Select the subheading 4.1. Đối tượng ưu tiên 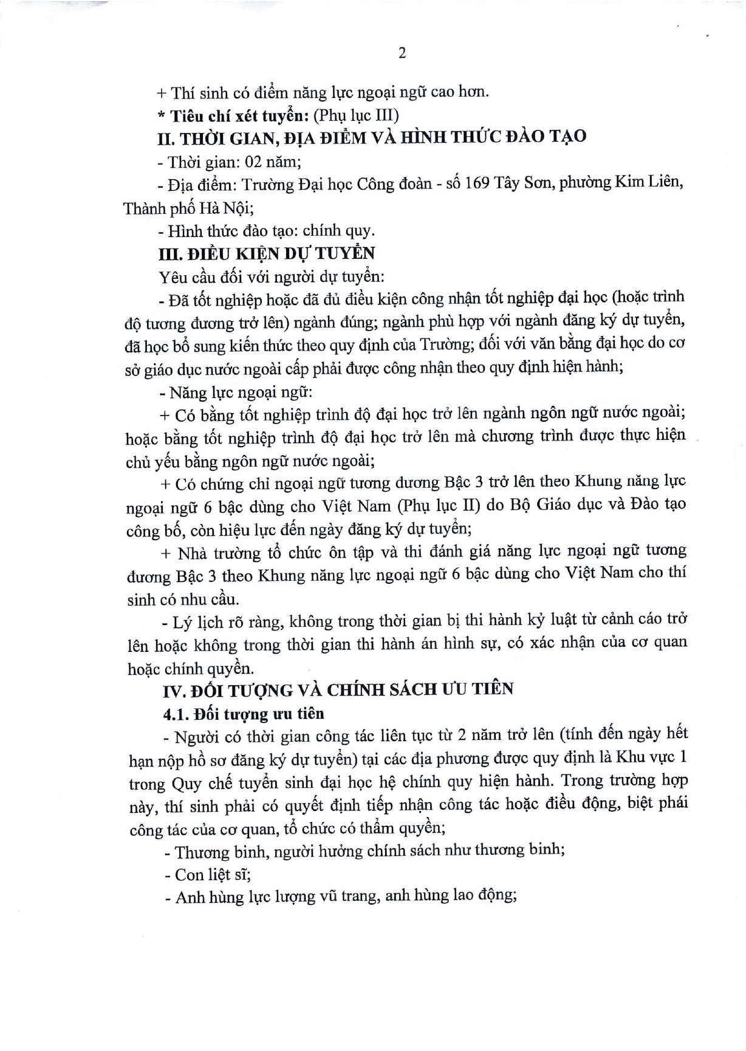[x=243, y=713]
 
